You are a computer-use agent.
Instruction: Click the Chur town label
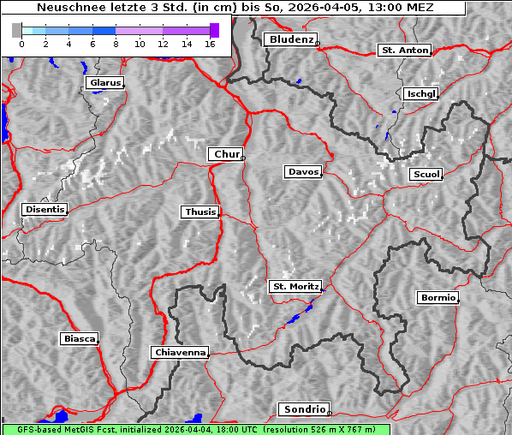[x=226, y=154]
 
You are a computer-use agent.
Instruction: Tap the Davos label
[x=303, y=172]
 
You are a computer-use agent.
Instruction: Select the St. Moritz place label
[x=295, y=286]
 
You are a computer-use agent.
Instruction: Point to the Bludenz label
[x=289, y=39]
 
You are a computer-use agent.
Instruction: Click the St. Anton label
[x=403, y=51]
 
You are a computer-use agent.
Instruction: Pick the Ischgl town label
[x=420, y=93]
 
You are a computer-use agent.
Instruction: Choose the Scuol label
[x=426, y=175]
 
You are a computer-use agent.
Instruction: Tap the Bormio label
[x=438, y=298]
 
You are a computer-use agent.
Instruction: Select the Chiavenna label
[x=180, y=352]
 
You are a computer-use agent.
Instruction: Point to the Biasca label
[x=80, y=338]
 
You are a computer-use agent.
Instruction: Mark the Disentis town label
[x=45, y=209]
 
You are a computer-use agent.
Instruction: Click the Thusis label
[x=200, y=212]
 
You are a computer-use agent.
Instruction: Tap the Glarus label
[x=104, y=83]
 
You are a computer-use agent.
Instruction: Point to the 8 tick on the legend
[x=116, y=43]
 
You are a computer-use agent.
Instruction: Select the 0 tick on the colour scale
[x=21, y=43]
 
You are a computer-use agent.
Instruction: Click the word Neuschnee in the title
[x=66, y=8]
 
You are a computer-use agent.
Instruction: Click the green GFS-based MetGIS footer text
[x=196, y=429]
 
